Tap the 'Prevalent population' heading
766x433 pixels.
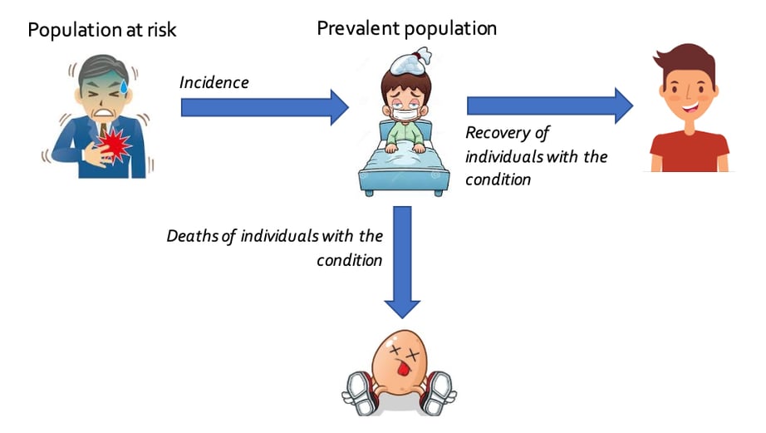click(406, 28)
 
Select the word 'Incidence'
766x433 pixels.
click(214, 83)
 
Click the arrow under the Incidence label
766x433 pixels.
click(264, 106)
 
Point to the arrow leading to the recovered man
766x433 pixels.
click(549, 106)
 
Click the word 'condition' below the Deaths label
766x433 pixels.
click(349, 260)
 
